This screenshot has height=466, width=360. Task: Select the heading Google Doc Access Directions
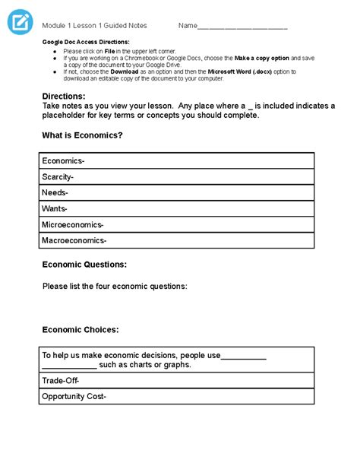[x=86, y=42]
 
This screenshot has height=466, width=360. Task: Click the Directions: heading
[x=64, y=97]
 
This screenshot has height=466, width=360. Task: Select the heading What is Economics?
[x=82, y=135]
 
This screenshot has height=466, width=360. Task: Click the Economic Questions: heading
[x=84, y=265]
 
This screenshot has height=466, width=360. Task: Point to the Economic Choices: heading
[x=81, y=330]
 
